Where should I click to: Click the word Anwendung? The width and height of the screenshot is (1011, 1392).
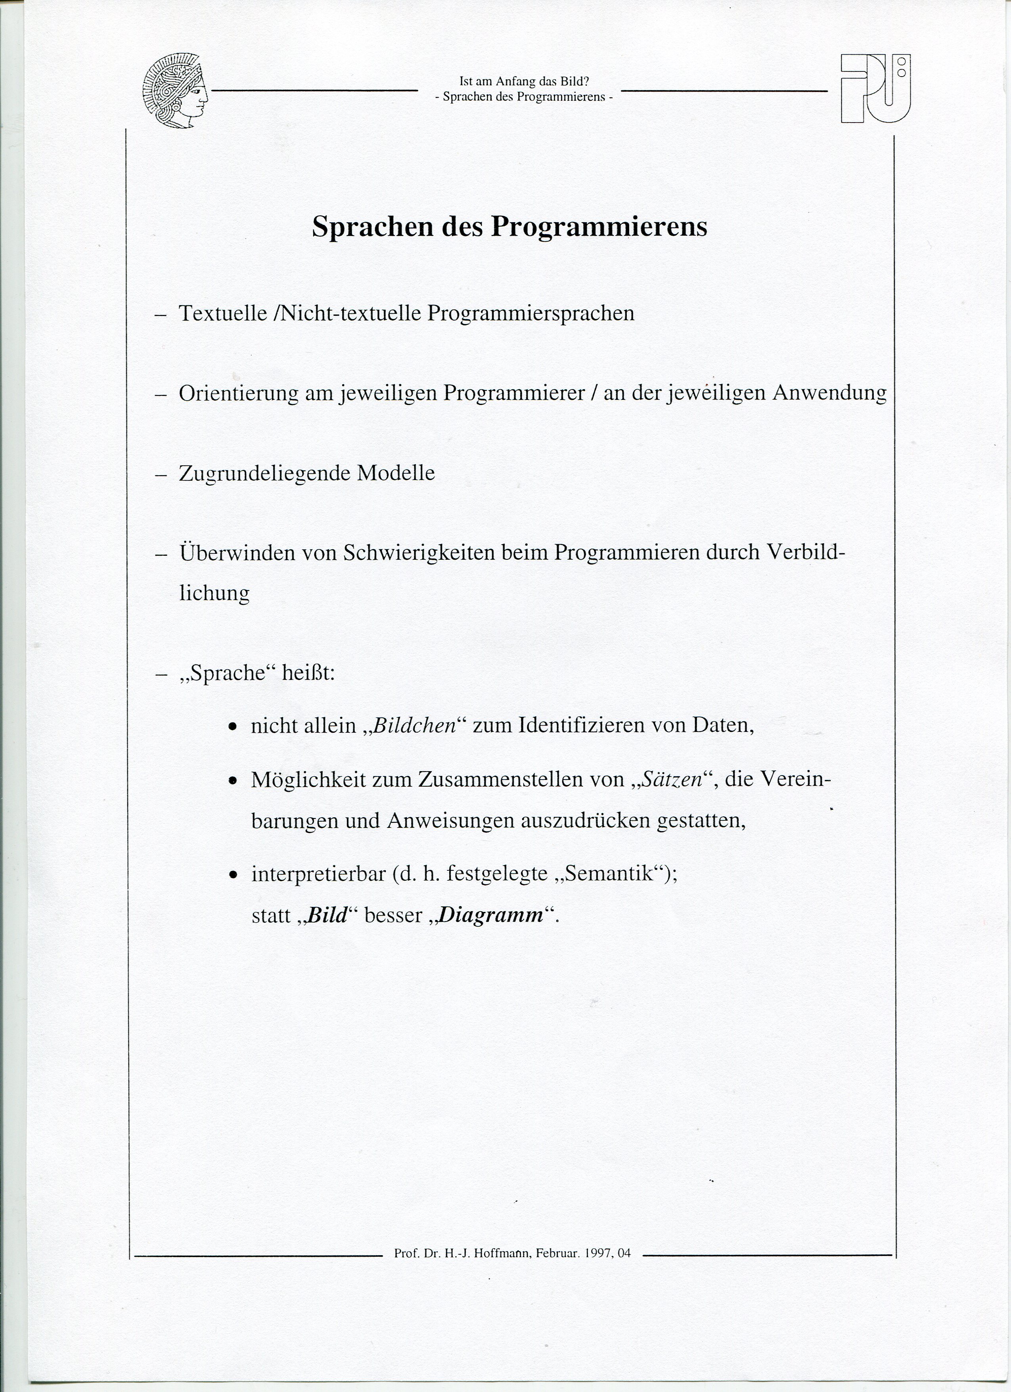click(829, 393)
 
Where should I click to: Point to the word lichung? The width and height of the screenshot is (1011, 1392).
click(214, 593)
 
